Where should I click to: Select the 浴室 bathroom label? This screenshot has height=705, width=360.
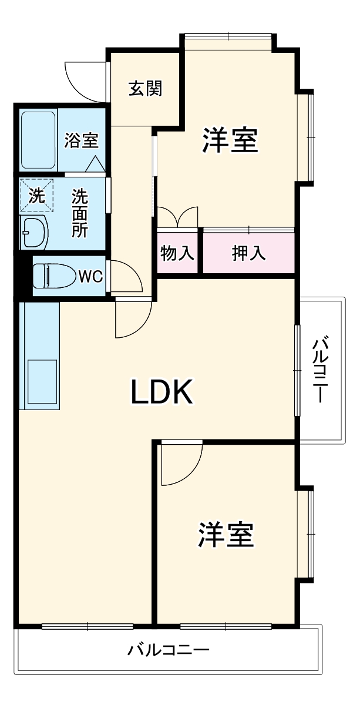point(81,140)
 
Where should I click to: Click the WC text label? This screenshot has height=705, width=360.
point(90,276)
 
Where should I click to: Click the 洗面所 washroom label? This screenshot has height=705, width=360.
point(80,213)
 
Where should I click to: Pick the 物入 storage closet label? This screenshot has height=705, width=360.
point(178,253)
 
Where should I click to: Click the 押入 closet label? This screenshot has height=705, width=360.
point(248,253)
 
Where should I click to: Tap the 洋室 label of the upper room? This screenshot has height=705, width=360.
point(230,140)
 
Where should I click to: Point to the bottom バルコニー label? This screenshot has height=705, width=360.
point(169,650)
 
